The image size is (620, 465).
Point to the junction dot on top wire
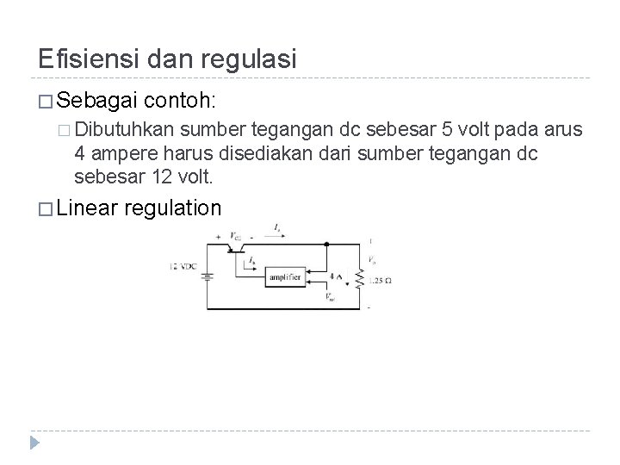coord(327,245)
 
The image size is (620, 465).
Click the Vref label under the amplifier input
coord(331,298)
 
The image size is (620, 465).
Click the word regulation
coord(173,208)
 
